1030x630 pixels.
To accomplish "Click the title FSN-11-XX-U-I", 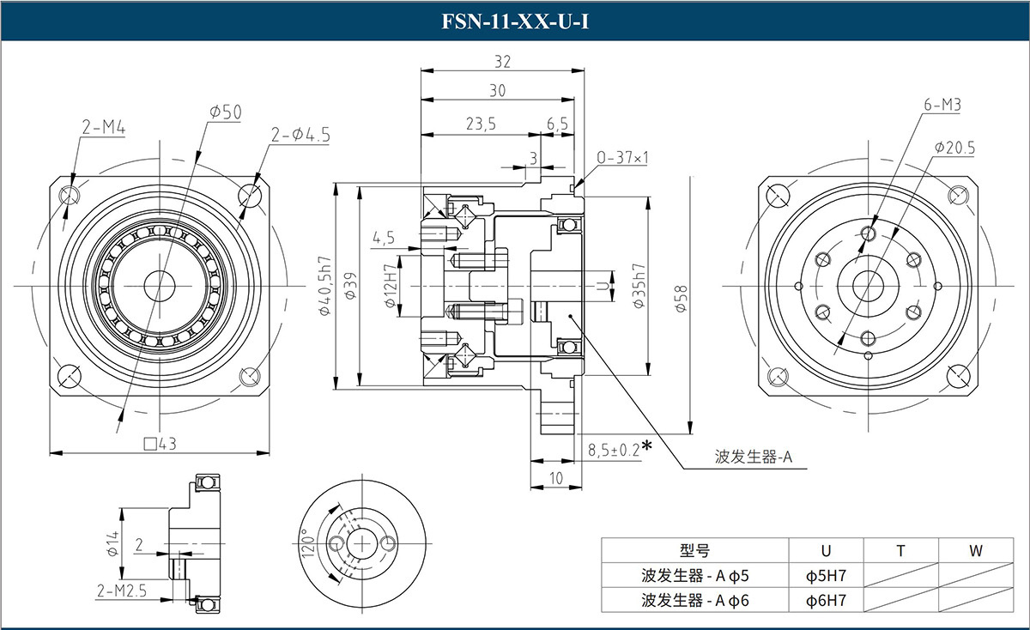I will (515, 21).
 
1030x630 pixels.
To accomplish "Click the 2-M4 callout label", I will (104, 129).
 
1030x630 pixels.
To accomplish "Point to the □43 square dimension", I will (161, 444).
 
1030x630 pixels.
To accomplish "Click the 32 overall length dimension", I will (502, 61).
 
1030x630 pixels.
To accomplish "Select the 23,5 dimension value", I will (481, 124).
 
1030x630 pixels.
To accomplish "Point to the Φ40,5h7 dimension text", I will (325, 286).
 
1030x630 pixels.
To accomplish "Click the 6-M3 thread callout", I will (942, 106).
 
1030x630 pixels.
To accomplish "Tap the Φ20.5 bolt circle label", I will (954, 148).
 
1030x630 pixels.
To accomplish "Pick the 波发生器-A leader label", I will (752, 457).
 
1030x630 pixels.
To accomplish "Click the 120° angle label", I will (308, 543).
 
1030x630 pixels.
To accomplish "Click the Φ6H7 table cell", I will (826, 600).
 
